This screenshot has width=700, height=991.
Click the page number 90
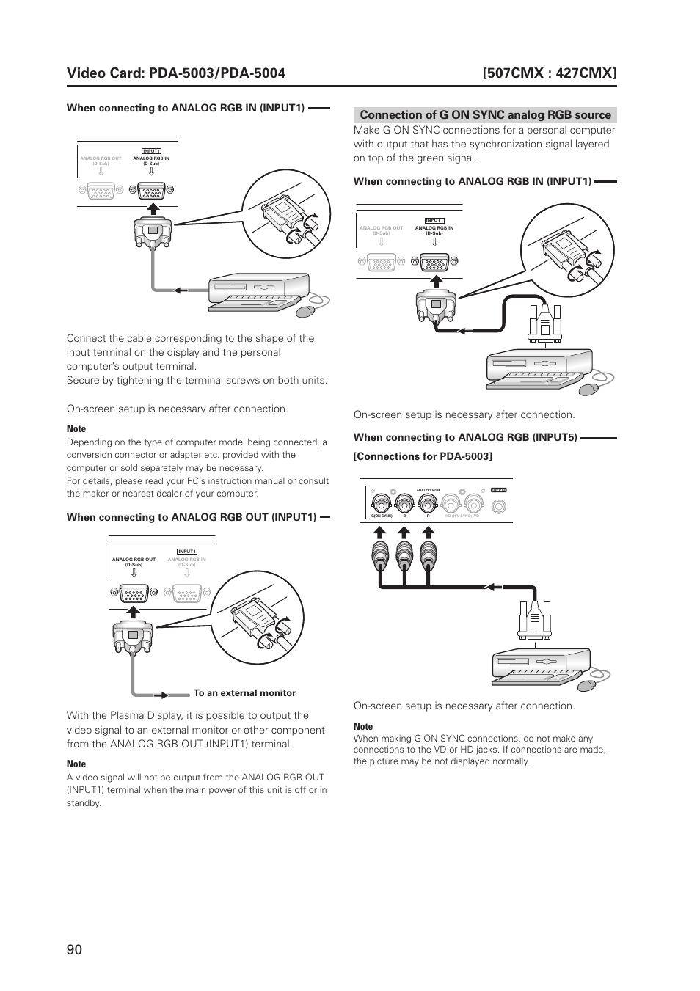point(74,949)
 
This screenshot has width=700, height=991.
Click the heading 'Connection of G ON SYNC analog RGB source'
point(485,115)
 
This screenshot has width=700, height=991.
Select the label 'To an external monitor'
point(244,693)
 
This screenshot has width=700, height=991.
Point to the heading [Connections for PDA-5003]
point(423,456)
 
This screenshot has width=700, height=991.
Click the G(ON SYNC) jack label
point(382,516)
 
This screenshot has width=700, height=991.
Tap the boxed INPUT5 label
point(499,489)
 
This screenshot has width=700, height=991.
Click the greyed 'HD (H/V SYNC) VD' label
point(462,516)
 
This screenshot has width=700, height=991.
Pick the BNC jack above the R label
point(427,504)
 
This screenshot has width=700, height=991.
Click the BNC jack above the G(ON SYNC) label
point(382,504)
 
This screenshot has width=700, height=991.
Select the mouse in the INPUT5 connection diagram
point(587,686)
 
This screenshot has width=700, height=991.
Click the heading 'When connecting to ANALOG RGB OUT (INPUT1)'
point(192,518)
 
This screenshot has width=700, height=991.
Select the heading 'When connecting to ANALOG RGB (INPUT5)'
point(465,438)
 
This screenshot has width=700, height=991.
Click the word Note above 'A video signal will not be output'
point(76,764)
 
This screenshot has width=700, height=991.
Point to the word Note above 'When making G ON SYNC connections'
point(363,727)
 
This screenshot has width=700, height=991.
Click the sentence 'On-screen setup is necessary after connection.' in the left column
point(177,409)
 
